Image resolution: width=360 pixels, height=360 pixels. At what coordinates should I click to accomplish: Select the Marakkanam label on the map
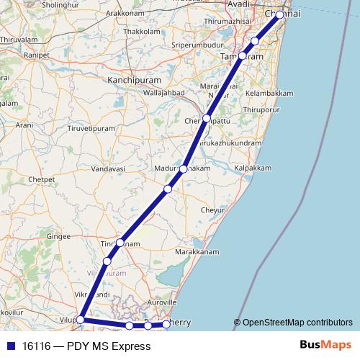click(x=198, y=253)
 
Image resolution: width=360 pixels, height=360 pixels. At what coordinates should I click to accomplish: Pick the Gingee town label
click(x=59, y=235)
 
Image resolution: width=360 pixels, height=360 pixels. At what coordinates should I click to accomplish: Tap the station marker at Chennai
click(x=280, y=14)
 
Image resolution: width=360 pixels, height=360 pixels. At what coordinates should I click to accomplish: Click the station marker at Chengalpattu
click(x=207, y=118)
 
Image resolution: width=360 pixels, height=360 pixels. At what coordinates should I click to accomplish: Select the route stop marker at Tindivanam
click(x=121, y=243)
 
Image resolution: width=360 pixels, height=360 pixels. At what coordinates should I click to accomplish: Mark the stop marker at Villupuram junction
click(x=81, y=319)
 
